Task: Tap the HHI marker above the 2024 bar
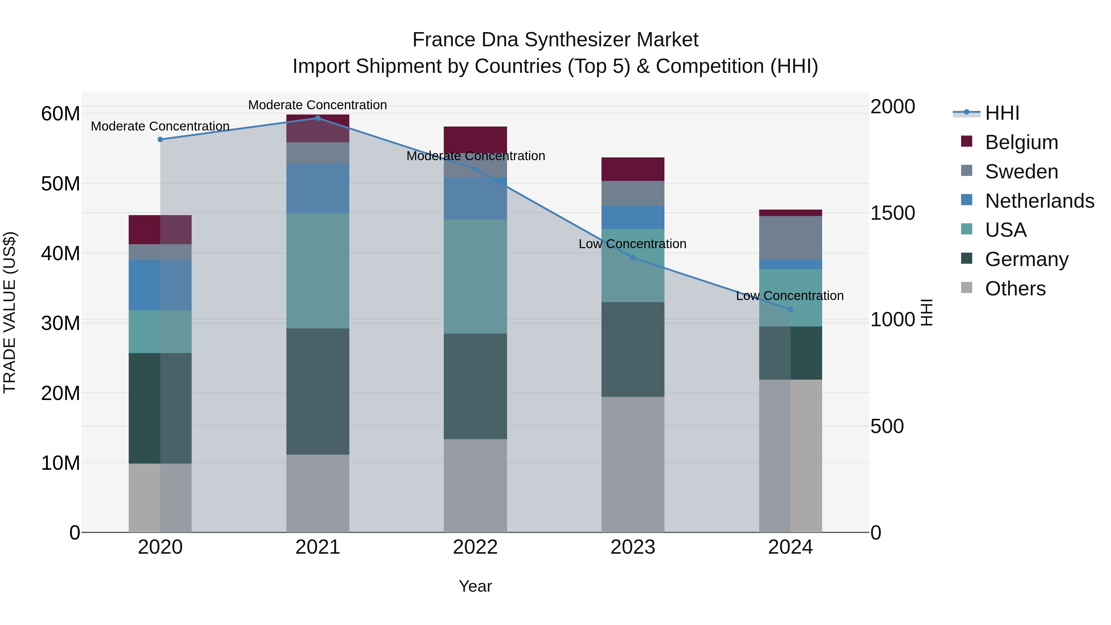pyautogui.click(x=790, y=309)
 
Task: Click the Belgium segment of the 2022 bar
pyautogui.click(x=475, y=139)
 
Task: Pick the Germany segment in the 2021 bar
pyautogui.click(x=318, y=391)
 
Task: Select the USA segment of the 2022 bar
pyautogui.click(x=475, y=276)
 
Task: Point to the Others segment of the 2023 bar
pyautogui.click(x=633, y=464)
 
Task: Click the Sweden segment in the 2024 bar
pyautogui.click(x=790, y=238)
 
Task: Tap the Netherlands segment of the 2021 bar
pyautogui.click(x=318, y=188)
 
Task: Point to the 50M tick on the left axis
pyautogui.click(x=60, y=184)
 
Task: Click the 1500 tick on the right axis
pyautogui.click(x=892, y=213)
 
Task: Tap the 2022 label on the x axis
pyautogui.click(x=475, y=547)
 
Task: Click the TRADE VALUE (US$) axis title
pyautogui.click(x=10, y=312)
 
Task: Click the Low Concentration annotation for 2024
pyautogui.click(x=790, y=296)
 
